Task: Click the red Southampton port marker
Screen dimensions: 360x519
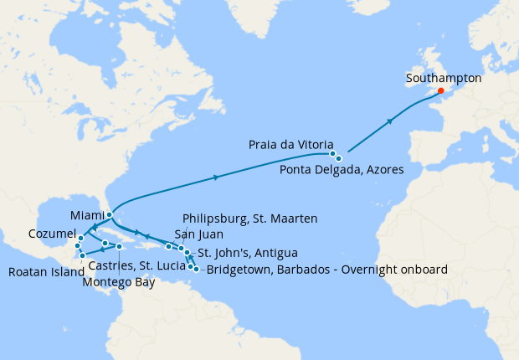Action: (440, 91)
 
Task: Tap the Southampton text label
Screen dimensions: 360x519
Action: (443, 77)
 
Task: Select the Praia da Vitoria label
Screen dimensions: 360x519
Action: (290, 144)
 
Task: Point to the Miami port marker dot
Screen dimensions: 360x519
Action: (110, 215)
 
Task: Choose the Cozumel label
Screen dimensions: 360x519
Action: (52, 232)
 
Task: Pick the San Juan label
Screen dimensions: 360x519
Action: (198, 234)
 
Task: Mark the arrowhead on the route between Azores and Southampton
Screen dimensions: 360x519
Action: (390, 122)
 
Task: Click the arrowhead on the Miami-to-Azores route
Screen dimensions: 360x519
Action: (218, 177)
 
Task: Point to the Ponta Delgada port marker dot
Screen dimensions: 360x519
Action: (339, 158)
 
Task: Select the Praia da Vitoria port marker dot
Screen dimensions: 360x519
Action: (332, 154)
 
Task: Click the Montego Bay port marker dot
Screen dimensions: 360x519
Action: (120, 247)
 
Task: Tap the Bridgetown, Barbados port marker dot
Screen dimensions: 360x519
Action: (196, 269)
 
